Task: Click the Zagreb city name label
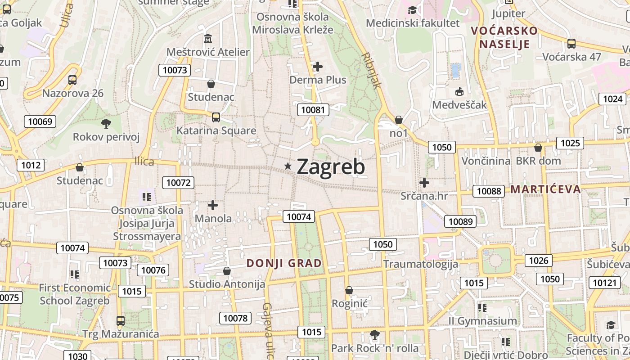coord(331,166)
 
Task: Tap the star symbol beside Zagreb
coord(288,166)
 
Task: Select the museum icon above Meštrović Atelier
coord(208,39)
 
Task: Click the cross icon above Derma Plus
coord(318,67)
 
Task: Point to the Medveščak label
coord(459,105)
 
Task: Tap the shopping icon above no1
coord(398,120)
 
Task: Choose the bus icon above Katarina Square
coord(216,117)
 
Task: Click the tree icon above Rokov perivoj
coord(106,123)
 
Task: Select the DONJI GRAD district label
coord(284,263)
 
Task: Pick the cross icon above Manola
coord(213,205)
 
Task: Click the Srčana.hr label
coord(425,196)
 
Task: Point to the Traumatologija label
coord(420,264)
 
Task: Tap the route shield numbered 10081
coord(313,109)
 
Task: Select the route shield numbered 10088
coord(489,191)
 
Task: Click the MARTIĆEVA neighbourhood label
coord(545,189)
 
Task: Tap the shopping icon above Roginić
coord(349,290)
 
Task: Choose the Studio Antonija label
coord(227,284)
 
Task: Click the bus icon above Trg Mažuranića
coord(121,321)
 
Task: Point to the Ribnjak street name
coord(371,71)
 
